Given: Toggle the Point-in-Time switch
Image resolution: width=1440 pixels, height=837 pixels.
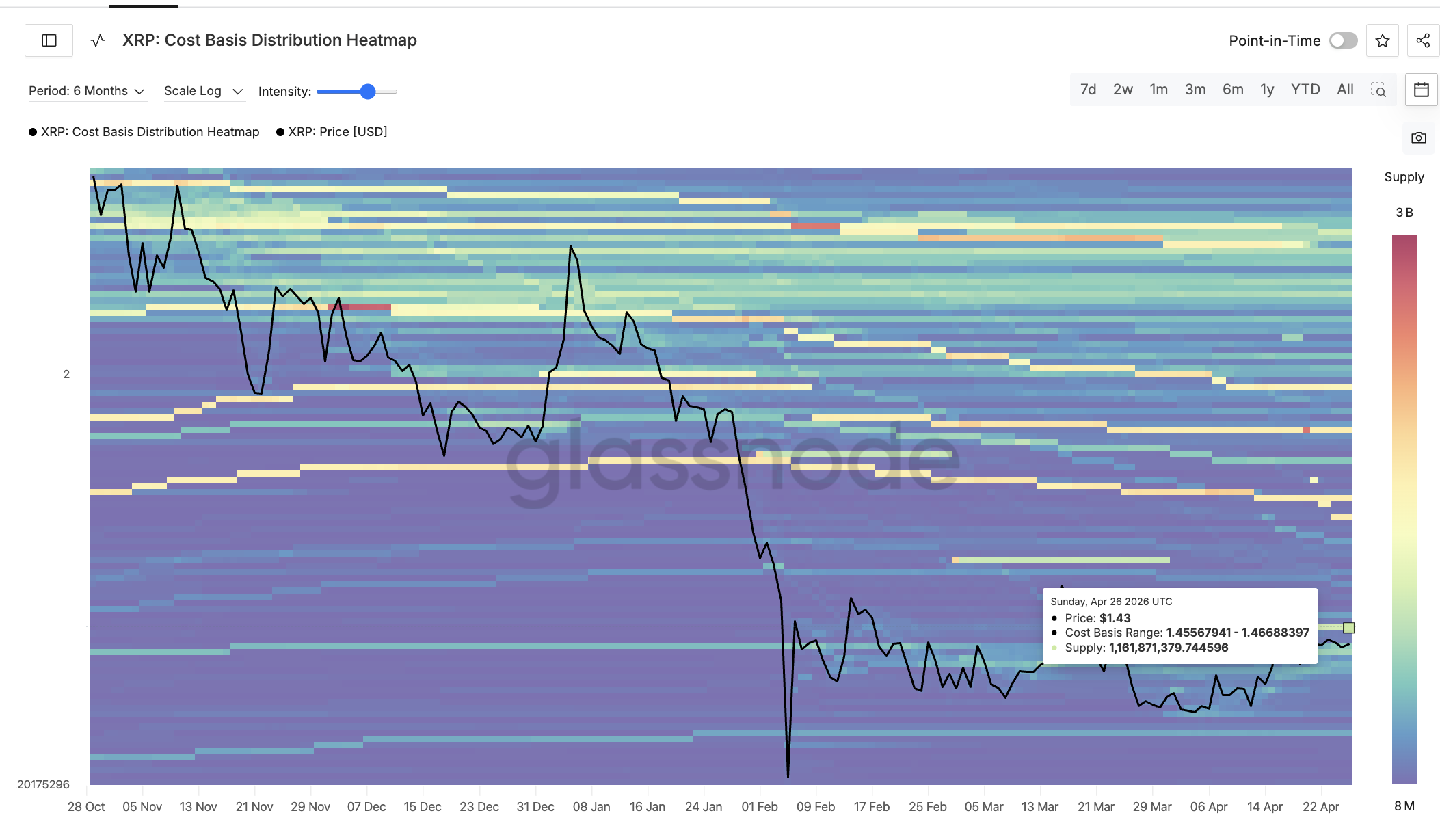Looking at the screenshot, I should click(1343, 40).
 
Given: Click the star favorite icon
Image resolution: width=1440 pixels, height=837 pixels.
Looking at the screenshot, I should click(1383, 40).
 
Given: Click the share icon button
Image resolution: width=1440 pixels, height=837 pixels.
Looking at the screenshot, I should click(1423, 40).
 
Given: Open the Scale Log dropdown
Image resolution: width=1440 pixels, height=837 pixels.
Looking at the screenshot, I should click(203, 91).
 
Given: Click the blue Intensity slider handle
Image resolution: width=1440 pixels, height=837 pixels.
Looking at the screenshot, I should click(368, 92).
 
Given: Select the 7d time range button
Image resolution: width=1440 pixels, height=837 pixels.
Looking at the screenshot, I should click(1088, 90).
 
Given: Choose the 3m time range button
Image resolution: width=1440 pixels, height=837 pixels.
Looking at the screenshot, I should click(1195, 90).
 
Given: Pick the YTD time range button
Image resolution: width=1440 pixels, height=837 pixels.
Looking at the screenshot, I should click(1305, 90).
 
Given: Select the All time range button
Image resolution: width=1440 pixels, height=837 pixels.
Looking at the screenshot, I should click(1345, 90).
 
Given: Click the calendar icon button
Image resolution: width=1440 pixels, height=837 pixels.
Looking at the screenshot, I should click(1422, 90).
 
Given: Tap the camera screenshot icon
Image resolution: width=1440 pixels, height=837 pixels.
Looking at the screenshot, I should click(1419, 137).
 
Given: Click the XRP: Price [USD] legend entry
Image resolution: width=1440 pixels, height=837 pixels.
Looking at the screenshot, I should click(337, 131).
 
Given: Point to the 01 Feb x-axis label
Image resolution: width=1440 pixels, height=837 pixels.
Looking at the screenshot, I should click(760, 807).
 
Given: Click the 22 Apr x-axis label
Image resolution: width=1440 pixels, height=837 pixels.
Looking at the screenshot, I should click(1320, 807).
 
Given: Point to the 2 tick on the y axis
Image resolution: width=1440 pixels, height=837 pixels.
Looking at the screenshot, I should click(66, 374).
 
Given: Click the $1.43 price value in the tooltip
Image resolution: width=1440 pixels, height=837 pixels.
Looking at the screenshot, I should click(1115, 618).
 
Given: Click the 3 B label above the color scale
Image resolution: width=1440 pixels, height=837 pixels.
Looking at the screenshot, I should click(1404, 213).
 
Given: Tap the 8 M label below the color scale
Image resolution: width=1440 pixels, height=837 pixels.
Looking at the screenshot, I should click(1404, 806).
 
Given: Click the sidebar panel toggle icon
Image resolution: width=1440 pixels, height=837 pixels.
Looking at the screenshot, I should click(49, 40).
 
